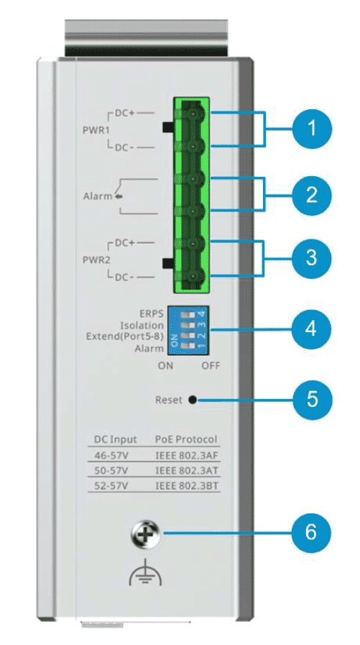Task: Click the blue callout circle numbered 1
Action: click(312, 128)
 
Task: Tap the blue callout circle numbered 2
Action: click(312, 194)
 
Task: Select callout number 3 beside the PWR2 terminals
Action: click(312, 258)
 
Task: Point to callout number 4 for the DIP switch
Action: click(312, 329)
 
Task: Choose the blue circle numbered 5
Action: click(312, 399)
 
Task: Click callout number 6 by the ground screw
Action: click(312, 533)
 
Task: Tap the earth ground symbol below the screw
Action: click(145, 573)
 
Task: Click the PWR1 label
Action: click(94, 129)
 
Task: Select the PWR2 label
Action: click(94, 260)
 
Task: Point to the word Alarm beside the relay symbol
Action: click(98, 196)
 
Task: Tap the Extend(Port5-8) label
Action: click(125, 337)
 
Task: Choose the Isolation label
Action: click(142, 326)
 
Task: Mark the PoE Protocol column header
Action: click(186, 439)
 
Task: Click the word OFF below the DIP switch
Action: click(211, 366)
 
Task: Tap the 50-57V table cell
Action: click(109, 471)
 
